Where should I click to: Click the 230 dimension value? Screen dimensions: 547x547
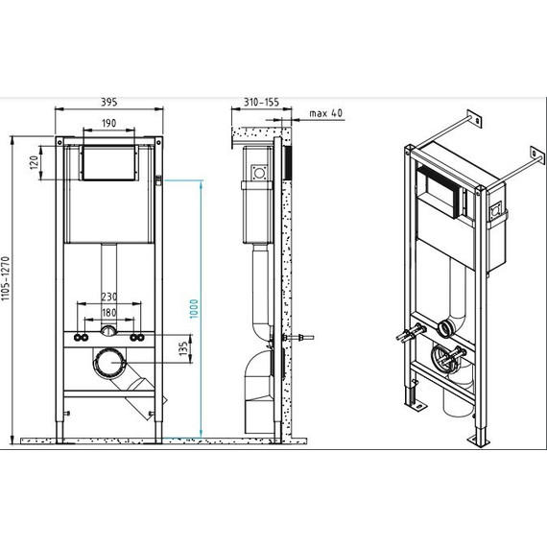(x=109, y=297)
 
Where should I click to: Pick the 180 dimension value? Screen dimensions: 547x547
(x=109, y=312)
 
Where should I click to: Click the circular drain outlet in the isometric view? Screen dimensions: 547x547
(x=444, y=329)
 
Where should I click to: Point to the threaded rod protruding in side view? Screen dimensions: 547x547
(x=303, y=338)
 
